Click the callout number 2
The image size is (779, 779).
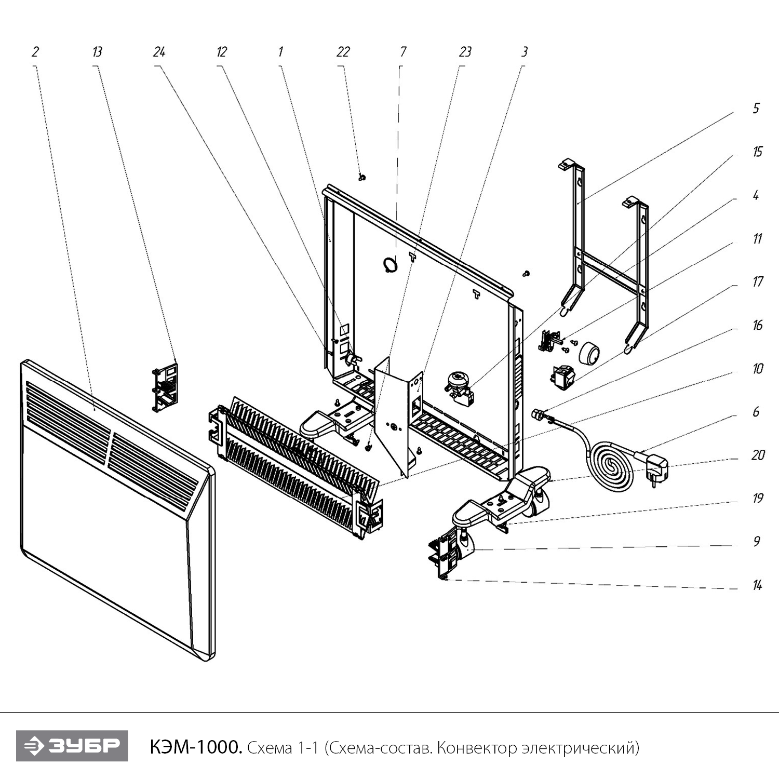click(x=35, y=52)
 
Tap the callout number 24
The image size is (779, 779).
click(x=159, y=52)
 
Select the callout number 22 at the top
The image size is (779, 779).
click(x=343, y=52)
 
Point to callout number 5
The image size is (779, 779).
click(x=756, y=109)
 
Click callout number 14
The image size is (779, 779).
click(x=757, y=585)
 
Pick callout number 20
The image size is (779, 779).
click(x=758, y=455)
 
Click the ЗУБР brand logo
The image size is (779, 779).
click(x=72, y=746)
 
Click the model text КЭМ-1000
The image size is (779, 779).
click(x=195, y=747)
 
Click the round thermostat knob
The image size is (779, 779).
click(x=589, y=354)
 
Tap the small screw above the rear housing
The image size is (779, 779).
click(x=362, y=178)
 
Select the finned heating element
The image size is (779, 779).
click(x=296, y=457)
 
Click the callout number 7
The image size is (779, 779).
click(x=402, y=52)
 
